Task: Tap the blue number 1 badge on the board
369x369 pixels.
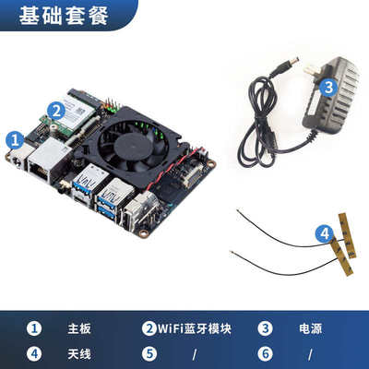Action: (x=16, y=139)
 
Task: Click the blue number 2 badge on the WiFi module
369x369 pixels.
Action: (x=57, y=109)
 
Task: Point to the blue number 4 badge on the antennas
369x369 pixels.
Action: (x=324, y=234)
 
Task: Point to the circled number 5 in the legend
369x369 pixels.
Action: (x=149, y=352)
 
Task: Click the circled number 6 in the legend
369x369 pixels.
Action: (x=265, y=352)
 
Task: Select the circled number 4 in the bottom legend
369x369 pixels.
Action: (x=33, y=352)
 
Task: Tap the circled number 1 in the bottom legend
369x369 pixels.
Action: (x=33, y=328)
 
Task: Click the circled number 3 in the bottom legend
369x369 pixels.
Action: (x=265, y=328)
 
